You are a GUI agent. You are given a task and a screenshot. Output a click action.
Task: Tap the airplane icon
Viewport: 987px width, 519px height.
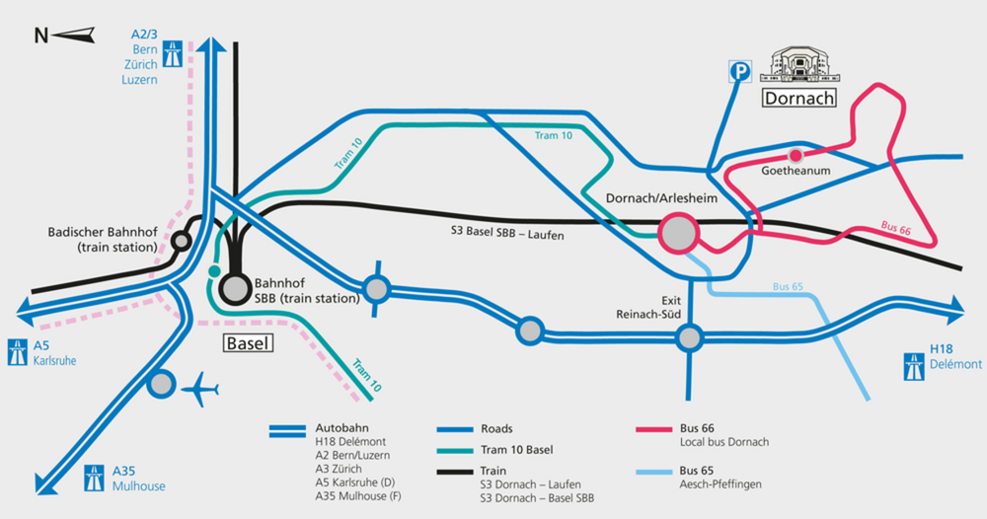pos(200,390)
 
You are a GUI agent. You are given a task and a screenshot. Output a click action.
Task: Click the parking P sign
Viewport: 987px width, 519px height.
pos(740,72)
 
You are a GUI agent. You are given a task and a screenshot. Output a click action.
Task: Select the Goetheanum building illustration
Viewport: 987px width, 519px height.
pos(800,65)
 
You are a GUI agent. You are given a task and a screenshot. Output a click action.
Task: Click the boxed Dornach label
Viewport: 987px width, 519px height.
pos(798,98)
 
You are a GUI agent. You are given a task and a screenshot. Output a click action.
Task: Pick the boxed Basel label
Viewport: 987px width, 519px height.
pos(248,342)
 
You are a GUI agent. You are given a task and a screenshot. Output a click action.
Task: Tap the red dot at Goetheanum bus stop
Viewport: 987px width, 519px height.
pos(796,155)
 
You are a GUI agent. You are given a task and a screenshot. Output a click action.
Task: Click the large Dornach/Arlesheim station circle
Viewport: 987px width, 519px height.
pos(679,233)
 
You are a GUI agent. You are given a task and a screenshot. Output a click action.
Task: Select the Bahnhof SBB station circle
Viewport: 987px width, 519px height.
pos(236,289)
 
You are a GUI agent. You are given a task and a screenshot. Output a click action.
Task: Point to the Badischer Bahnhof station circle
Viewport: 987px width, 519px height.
pos(182,241)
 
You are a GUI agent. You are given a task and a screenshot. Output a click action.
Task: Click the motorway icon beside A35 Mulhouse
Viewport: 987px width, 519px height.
pos(95,479)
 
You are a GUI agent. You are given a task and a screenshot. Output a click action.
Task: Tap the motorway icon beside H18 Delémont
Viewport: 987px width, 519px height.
pos(914,367)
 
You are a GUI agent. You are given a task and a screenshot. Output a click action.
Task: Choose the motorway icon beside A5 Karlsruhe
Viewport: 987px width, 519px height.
pos(18,352)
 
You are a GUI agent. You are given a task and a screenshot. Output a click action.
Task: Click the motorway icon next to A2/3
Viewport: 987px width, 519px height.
pos(173,54)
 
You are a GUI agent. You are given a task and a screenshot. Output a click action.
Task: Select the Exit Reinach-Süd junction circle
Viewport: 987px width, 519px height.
pos(689,337)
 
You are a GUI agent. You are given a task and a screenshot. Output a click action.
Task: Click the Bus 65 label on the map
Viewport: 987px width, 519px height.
pos(788,286)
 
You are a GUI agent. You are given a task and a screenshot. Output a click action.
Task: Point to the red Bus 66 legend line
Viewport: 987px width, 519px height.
pos(654,429)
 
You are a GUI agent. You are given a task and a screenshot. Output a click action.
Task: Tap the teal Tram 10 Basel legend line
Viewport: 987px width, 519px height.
pos(455,451)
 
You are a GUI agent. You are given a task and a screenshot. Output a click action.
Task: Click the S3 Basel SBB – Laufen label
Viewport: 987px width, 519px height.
pos(507,233)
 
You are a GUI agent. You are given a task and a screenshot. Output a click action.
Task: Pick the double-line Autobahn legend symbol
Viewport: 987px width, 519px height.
pos(287,431)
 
